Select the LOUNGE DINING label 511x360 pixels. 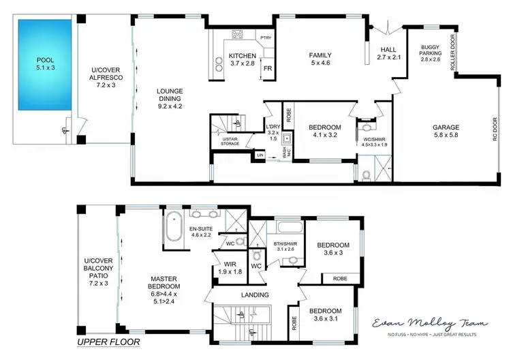pos(170,97)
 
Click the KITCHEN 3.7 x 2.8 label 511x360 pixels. pos(242,59)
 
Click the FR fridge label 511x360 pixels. pos(268,69)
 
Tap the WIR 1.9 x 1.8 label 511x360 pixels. pos(225,267)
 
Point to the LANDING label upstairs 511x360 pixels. pos(254,295)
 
